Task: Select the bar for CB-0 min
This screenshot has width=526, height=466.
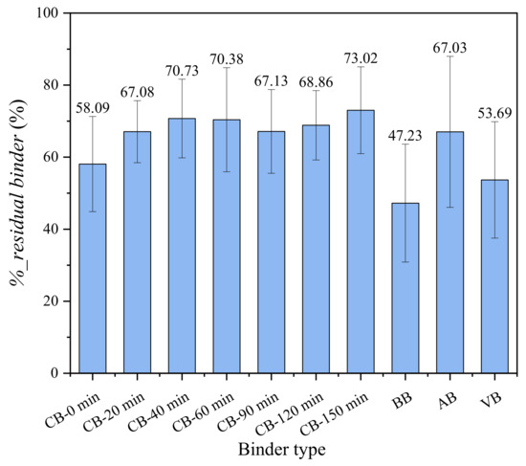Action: point(92,268)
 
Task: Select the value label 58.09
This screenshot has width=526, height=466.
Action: point(92,108)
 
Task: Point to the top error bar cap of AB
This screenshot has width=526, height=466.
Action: point(449,56)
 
